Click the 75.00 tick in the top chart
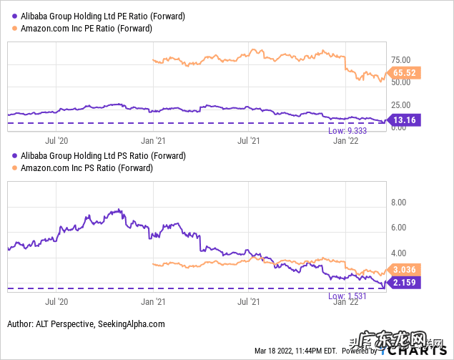coord(400,59)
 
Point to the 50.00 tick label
coord(400,82)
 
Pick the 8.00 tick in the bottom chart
coord(398,203)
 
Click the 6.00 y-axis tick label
coord(398,228)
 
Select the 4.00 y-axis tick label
coord(398,253)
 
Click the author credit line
coord(86,323)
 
